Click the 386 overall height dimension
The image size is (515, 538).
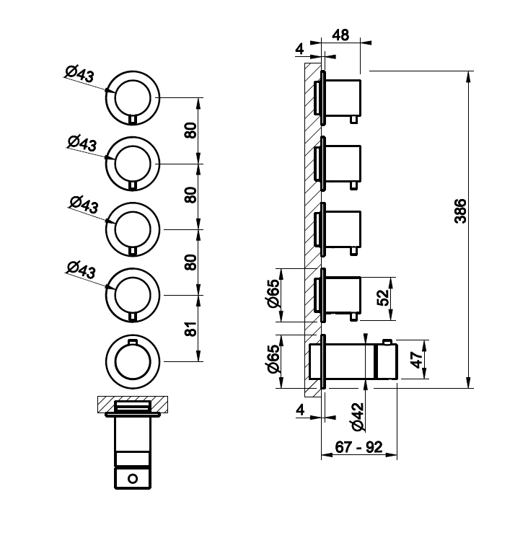click(460, 211)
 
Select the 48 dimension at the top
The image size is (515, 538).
click(340, 35)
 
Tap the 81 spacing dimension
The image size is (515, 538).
click(191, 328)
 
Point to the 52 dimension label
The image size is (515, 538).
click(383, 297)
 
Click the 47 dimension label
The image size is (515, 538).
click(417, 360)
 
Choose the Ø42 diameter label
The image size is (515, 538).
click(357, 417)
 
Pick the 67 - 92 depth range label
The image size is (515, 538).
click(359, 446)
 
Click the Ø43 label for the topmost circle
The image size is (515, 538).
click(79, 74)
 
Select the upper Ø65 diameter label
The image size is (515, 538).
click(273, 294)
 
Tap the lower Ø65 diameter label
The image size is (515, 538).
click(273, 358)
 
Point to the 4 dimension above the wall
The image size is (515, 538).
click(299, 49)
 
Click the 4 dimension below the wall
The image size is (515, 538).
click(300, 410)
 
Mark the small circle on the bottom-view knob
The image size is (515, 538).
click(133, 478)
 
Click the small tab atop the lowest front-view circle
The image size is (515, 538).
click(133, 341)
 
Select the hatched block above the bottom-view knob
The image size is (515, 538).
click(133, 404)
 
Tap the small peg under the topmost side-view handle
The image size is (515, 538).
click(353, 120)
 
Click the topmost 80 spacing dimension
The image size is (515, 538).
click(191, 131)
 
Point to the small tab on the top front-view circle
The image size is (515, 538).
click(133, 118)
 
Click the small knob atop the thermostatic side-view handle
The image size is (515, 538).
click(387, 342)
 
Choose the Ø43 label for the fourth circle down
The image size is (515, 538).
click(81, 270)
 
